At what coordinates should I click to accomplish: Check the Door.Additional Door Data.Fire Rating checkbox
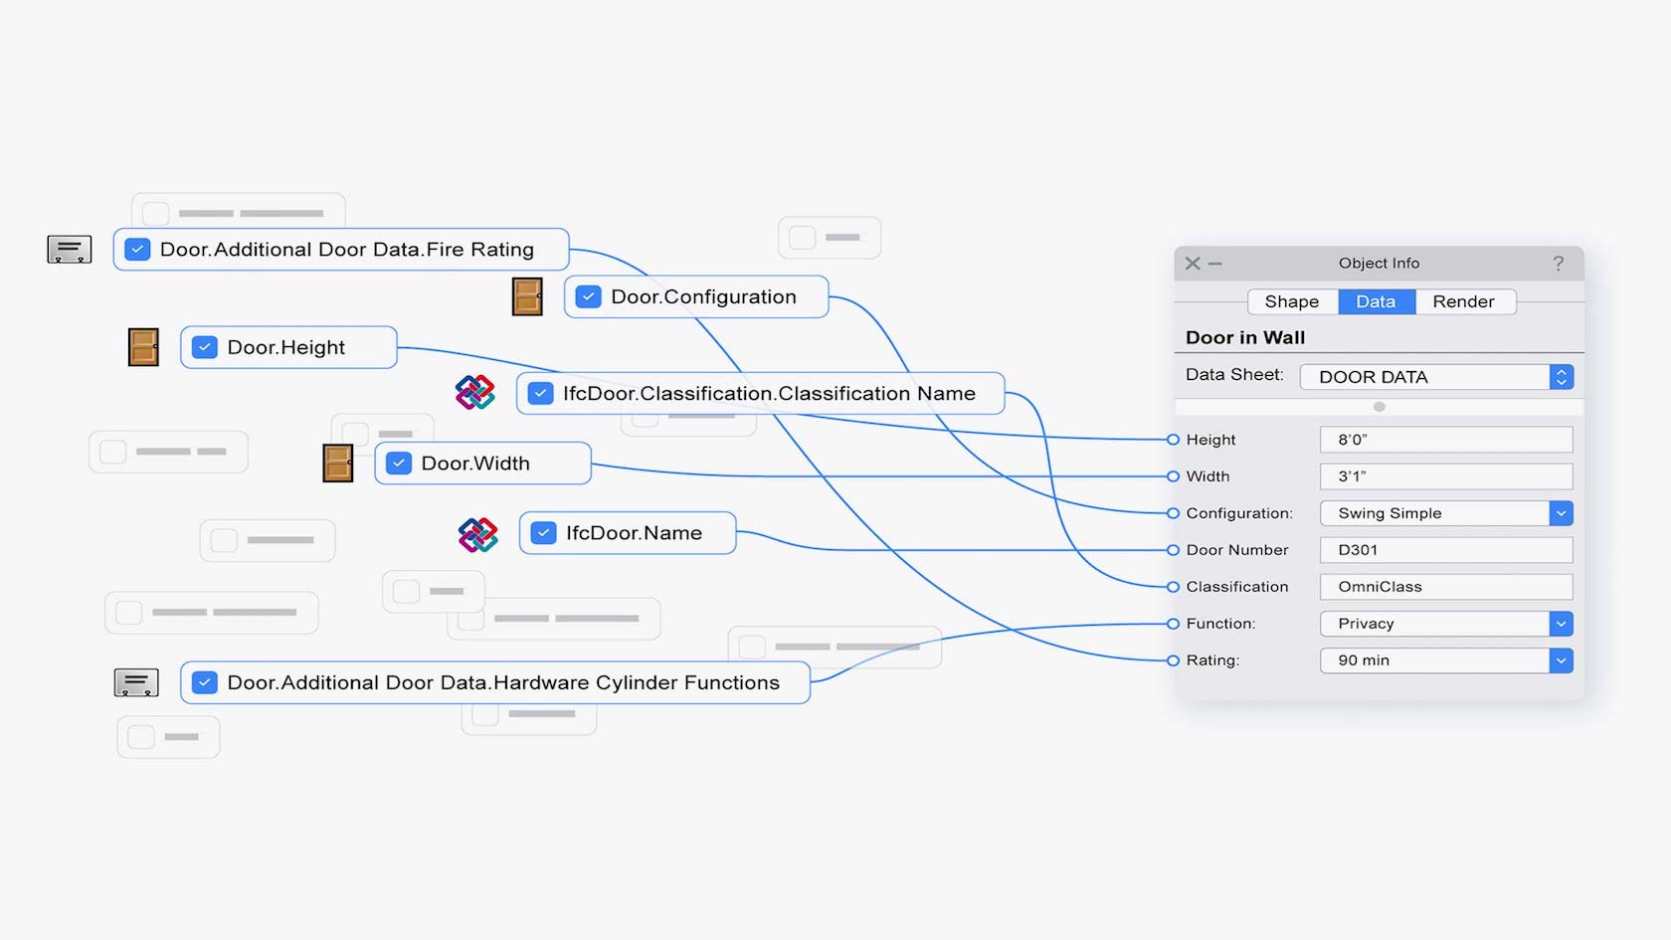pos(137,249)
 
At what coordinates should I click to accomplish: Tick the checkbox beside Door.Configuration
pos(589,296)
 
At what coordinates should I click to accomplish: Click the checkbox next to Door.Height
pos(205,347)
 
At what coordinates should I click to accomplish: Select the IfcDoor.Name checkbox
pos(543,533)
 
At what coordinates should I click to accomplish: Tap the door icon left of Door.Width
pos(338,464)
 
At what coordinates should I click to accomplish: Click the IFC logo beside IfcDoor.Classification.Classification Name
pos(475,392)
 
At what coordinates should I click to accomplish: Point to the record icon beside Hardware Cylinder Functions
pos(135,682)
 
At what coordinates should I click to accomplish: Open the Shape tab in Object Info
pos(1292,301)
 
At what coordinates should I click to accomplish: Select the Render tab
pos(1464,301)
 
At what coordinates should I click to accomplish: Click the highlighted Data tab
pos(1376,301)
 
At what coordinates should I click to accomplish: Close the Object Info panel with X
pos(1192,264)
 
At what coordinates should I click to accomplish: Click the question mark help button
pos(1559,264)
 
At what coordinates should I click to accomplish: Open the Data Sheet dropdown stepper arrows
pos(1562,377)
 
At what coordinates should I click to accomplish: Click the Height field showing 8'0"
pos(1446,440)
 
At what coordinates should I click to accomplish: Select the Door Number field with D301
pos(1446,550)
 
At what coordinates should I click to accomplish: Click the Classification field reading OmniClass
pos(1446,587)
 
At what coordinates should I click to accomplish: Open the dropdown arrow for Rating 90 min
pos(1561,660)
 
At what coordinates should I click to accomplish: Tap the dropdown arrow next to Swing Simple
pos(1561,513)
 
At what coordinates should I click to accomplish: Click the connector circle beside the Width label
pos(1173,476)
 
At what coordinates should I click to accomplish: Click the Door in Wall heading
pos(1245,337)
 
